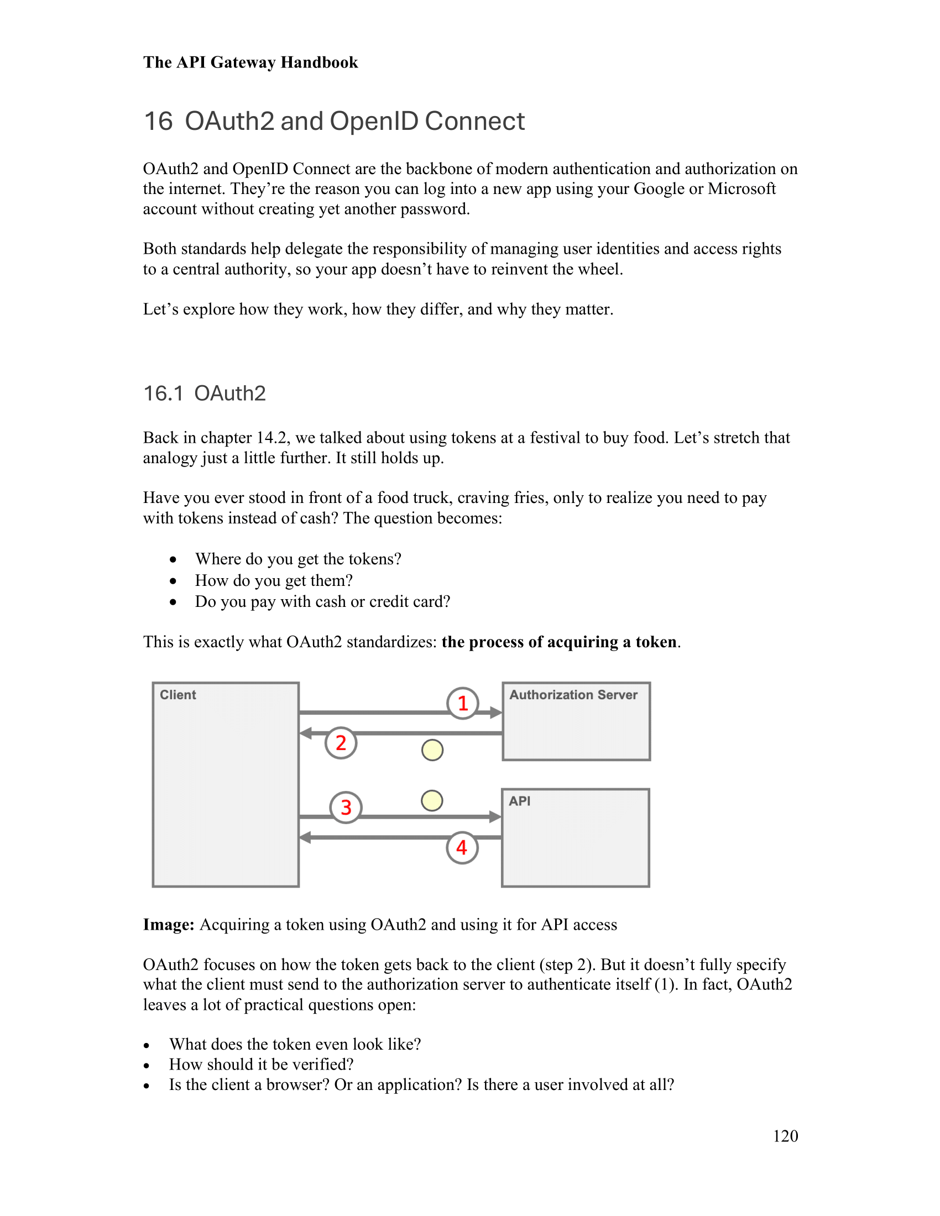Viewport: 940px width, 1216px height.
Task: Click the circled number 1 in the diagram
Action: click(x=462, y=703)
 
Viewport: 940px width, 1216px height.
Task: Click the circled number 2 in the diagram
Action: click(x=341, y=743)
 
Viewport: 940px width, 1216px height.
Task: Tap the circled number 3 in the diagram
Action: click(x=346, y=808)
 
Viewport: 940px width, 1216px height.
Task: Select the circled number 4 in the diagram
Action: click(x=462, y=848)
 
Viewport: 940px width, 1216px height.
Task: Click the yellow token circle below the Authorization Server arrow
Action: click(x=432, y=750)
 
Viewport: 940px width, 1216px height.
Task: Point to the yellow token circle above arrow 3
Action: click(x=432, y=801)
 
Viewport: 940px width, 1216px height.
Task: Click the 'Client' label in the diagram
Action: click(x=177, y=695)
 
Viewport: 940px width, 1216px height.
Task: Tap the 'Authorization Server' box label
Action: click(x=573, y=695)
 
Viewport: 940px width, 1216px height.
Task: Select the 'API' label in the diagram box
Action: click(x=519, y=801)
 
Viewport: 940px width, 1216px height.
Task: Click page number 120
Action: click(x=785, y=1136)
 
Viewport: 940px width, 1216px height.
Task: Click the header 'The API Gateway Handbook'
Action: click(x=250, y=62)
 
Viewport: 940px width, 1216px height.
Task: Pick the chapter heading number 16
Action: click(x=158, y=122)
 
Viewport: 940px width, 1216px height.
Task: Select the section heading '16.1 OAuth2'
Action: click(x=205, y=394)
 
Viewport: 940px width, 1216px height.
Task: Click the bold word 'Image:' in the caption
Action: click(x=168, y=925)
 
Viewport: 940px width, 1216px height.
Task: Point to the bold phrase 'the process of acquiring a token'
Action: click(x=558, y=642)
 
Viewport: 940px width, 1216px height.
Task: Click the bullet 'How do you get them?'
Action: click(x=273, y=580)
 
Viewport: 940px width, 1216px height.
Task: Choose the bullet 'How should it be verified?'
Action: click(x=261, y=1064)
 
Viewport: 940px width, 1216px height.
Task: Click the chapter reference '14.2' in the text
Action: click(x=272, y=438)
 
